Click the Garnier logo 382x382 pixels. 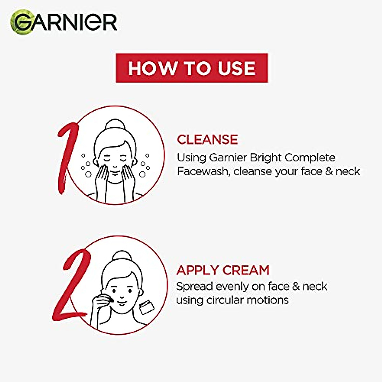(64, 22)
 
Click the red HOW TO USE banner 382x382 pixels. (192, 68)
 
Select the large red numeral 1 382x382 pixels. (67, 156)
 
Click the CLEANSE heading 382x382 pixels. (207, 139)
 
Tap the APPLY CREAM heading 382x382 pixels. (223, 270)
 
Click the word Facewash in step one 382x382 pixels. (203, 171)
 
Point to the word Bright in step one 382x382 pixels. (266, 158)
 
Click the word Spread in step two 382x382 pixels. (195, 286)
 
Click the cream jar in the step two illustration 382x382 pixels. (147, 308)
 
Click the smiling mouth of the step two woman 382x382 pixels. (121, 301)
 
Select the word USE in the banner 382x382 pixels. (237, 68)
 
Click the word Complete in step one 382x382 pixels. (310, 158)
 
